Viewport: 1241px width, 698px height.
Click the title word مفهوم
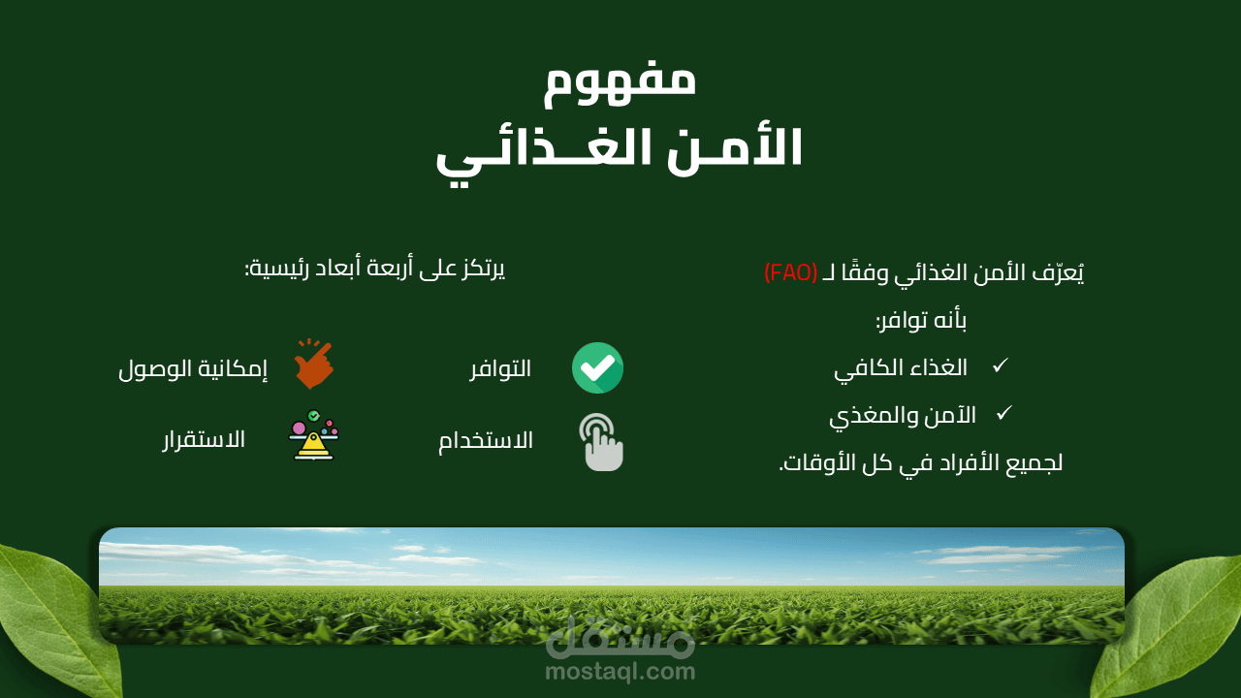pos(620,83)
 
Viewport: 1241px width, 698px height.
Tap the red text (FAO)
pos(790,272)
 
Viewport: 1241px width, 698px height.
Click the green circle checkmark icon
pos(597,367)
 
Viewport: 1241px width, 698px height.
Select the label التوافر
pos(500,369)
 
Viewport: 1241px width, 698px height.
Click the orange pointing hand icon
pos(313,364)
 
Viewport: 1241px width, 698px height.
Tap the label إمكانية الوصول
pos(193,369)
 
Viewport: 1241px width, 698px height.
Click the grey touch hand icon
pos(601,442)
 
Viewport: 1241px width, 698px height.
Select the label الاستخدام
pos(486,441)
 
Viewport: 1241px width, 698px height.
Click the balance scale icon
pos(313,435)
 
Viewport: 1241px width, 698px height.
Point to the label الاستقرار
pos(204,440)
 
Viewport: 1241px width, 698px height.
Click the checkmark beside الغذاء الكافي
pos(1001,365)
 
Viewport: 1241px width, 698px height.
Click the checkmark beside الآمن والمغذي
pos(1003,413)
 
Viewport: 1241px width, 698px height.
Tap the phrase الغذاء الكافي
pos(901,369)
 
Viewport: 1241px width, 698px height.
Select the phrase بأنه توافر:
pos(921,321)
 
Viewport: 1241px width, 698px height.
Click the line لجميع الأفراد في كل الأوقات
pos(921,463)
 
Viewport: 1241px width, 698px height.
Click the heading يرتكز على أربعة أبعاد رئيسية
pos(375,269)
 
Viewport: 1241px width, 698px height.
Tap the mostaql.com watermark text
pos(620,672)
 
